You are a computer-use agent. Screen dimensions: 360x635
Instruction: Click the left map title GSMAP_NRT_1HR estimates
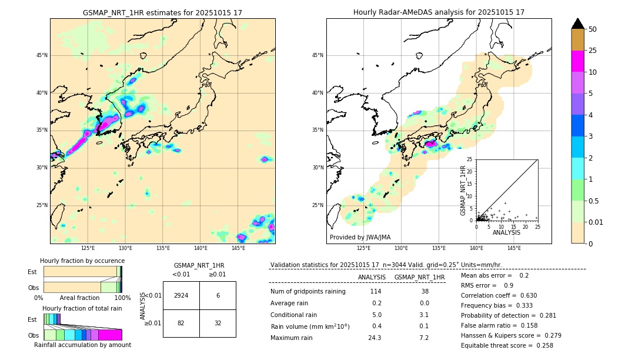tap(162, 12)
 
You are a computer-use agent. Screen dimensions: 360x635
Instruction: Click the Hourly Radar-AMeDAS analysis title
tap(439, 12)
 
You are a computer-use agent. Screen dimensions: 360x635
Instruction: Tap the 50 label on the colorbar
tap(593, 29)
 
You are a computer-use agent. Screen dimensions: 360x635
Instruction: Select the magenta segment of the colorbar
tap(578, 61)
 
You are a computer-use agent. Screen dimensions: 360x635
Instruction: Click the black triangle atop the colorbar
tap(578, 24)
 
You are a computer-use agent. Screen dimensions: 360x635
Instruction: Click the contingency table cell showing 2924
tap(181, 295)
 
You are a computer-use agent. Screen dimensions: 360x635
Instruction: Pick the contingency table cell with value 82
tap(181, 324)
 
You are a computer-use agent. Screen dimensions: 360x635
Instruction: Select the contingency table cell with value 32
tap(218, 324)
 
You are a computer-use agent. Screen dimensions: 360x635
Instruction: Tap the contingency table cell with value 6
tap(218, 295)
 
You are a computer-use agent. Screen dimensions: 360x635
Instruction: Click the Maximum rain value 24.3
tap(375, 338)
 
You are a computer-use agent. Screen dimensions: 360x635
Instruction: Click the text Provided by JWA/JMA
tap(360, 237)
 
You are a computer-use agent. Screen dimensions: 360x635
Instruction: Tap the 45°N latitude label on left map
tap(42, 55)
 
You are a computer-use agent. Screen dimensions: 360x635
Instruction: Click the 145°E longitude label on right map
tap(514, 248)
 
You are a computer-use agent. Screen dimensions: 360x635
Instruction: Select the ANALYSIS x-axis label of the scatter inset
tap(506, 232)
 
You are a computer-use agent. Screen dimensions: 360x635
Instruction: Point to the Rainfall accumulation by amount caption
tap(82, 345)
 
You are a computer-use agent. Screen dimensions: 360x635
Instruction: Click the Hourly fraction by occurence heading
tap(82, 261)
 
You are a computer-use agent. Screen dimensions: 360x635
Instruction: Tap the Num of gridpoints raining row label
tap(308, 292)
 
